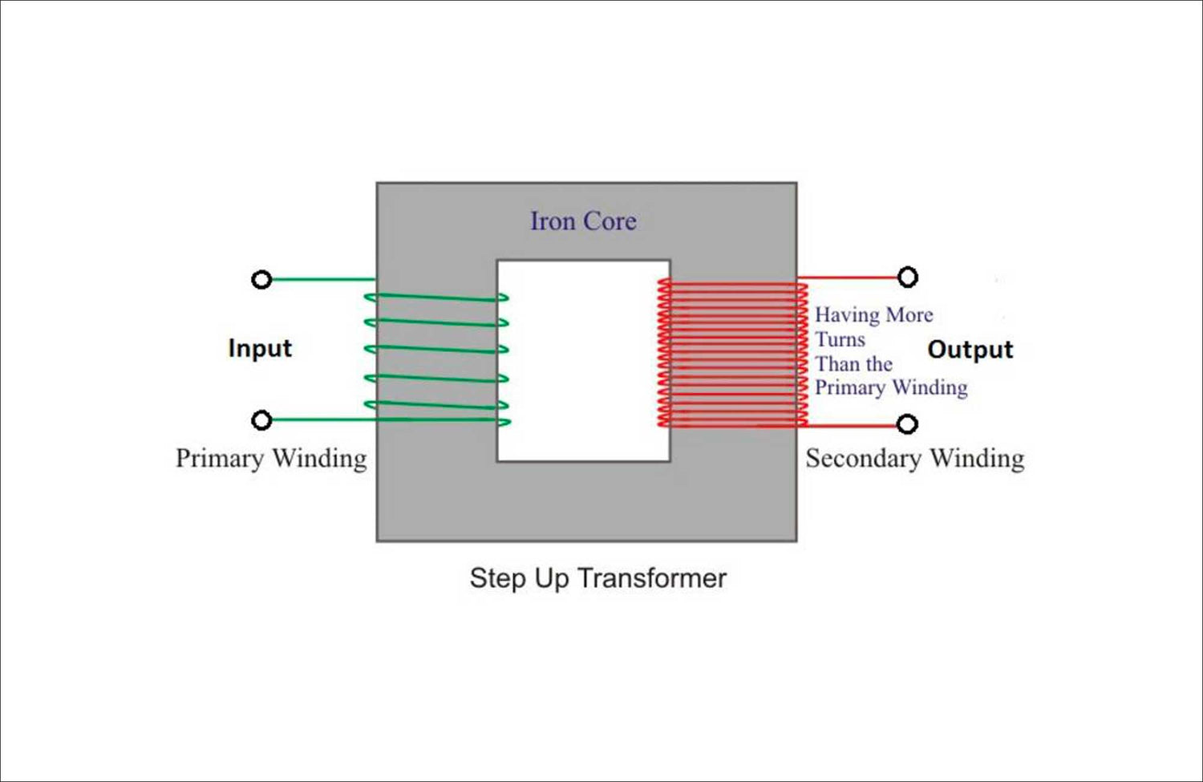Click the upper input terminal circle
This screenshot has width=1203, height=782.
click(x=261, y=280)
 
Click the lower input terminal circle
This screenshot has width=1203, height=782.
click(x=261, y=420)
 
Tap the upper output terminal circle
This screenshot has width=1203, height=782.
click(x=907, y=278)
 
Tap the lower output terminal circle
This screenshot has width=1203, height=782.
click(x=907, y=424)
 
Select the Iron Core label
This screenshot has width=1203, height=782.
click(x=583, y=221)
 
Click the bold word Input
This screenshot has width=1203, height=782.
click(x=260, y=348)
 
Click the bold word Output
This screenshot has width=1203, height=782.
click(x=970, y=350)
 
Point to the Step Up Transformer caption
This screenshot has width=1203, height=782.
click(x=597, y=578)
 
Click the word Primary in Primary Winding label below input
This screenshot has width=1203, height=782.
click(x=220, y=459)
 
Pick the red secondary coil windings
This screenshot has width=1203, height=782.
click(x=731, y=353)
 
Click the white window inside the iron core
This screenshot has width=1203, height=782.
click(x=583, y=361)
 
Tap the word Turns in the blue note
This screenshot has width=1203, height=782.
click(x=840, y=340)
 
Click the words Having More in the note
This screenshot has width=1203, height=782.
click(x=873, y=315)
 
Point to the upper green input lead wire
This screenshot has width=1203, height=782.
click(x=321, y=280)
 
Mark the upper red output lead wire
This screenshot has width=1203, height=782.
click(x=850, y=278)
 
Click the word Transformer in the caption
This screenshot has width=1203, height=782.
click(x=651, y=578)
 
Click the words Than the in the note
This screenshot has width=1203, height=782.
click(x=853, y=364)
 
